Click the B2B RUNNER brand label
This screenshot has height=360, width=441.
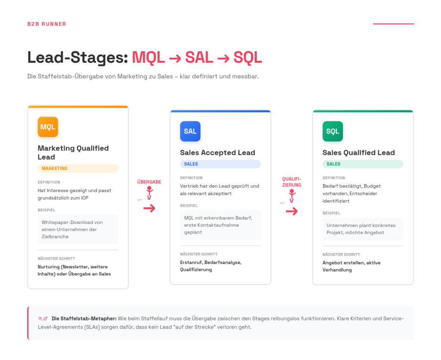tap(47, 24)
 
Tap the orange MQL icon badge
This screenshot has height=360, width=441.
tap(48, 127)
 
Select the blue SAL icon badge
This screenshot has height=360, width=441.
tap(190, 131)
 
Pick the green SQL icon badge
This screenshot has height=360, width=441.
tap(332, 131)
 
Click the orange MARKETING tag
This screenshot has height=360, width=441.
tap(78, 168)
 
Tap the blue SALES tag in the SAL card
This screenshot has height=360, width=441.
tap(220, 164)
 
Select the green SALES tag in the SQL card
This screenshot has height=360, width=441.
tap(363, 164)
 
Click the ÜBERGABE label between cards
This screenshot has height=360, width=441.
tap(149, 182)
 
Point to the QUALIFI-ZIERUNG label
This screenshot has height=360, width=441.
tap(292, 182)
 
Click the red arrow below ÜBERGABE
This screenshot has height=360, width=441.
tap(149, 208)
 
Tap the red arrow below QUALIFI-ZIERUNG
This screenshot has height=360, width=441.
tap(292, 211)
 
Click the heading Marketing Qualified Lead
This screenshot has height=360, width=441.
tap(73, 152)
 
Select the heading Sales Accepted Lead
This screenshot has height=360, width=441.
tap(217, 152)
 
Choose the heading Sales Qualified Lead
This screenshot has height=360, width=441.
tap(358, 152)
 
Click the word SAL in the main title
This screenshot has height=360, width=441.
tap(199, 57)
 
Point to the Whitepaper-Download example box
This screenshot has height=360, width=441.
tap(78, 230)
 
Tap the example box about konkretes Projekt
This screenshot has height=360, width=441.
tap(363, 229)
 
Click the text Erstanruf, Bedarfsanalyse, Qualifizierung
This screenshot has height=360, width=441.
tap(211, 266)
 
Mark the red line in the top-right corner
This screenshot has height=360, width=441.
tap(393, 24)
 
